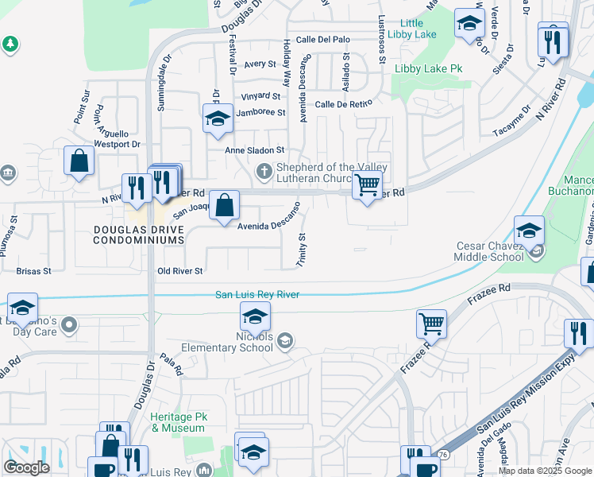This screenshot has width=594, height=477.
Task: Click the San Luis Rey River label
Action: pos(257,295)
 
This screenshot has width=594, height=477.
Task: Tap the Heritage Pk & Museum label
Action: pos(178,422)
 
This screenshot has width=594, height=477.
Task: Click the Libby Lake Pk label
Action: pos(429,69)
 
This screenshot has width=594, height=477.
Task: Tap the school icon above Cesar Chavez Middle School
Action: pos(529,231)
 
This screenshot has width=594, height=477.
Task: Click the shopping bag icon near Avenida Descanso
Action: pos(226,205)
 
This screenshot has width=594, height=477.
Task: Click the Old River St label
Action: pos(180,271)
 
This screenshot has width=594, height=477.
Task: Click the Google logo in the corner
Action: pos(27,467)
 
